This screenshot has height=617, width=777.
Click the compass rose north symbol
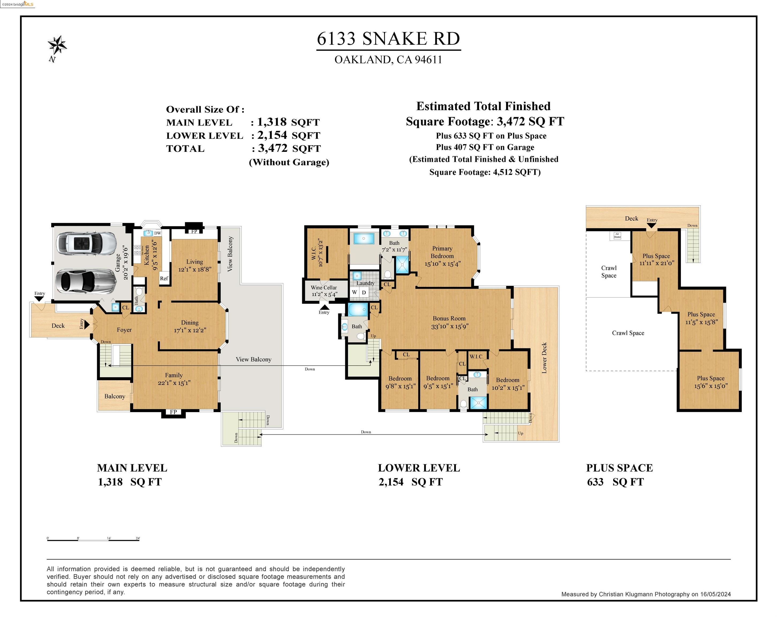click(57, 45)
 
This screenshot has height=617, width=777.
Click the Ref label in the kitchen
click(164, 279)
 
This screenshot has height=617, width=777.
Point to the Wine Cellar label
click(324, 288)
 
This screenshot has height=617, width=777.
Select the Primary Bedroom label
click(442, 252)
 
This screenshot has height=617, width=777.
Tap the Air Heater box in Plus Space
click(617, 235)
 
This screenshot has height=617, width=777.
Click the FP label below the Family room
click(173, 412)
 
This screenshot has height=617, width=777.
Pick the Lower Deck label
click(544, 358)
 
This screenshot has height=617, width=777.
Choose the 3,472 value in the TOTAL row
click(273, 148)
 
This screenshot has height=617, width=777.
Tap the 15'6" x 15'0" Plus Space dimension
click(711, 386)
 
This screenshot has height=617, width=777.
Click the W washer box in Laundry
click(354, 292)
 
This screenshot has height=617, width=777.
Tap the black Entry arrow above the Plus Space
click(651, 225)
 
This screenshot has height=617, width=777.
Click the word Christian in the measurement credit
click(611, 594)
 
